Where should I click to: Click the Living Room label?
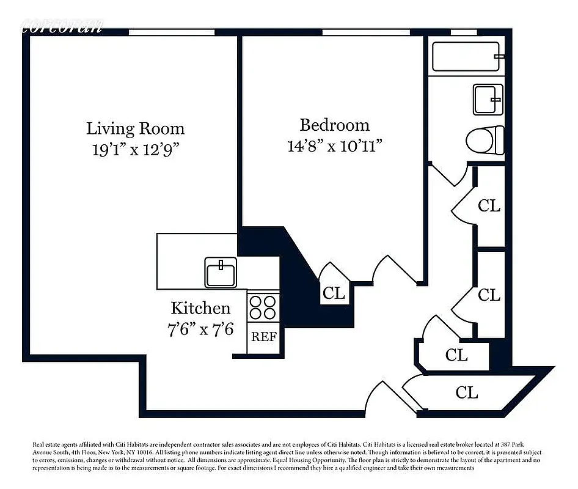[135, 128]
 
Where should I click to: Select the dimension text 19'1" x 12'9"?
[135, 150]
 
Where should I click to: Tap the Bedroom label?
[334, 125]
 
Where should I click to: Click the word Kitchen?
[200, 307]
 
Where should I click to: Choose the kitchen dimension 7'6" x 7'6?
[200, 329]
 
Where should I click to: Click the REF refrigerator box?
[264, 337]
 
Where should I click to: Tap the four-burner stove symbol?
[264, 306]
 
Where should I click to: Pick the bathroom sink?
[488, 99]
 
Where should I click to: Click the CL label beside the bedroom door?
[334, 292]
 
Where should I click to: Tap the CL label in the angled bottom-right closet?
[467, 392]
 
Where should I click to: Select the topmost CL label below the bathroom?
[489, 205]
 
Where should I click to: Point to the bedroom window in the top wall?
[365, 32]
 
